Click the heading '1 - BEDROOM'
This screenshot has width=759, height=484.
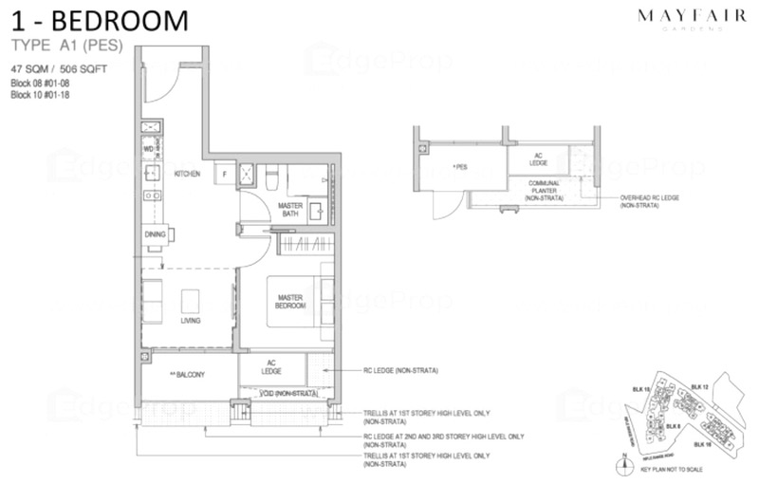click(100, 21)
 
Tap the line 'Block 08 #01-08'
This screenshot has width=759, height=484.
click(40, 83)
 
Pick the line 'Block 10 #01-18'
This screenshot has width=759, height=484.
click(40, 94)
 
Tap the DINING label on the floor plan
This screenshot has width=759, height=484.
click(155, 234)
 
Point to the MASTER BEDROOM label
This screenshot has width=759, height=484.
click(290, 303)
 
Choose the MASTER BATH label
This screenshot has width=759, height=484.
click(289, 210)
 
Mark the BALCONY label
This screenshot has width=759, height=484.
click(187, 374)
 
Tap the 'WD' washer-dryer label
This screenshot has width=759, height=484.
click(148, 150)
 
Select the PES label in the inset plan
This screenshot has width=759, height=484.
click(462, 166)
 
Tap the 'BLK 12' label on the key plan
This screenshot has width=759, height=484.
click(700, 387)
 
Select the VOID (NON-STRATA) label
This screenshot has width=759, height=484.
click(283, 393)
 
